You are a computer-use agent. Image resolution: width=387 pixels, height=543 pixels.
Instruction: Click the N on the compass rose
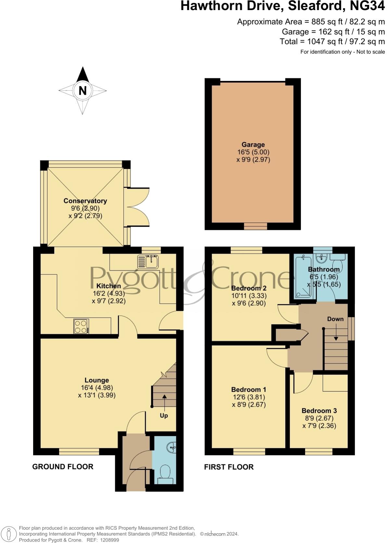pos(82,90)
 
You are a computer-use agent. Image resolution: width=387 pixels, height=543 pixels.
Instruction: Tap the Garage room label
pos(253,145)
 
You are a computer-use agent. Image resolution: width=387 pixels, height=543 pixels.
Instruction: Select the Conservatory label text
pos(85,201)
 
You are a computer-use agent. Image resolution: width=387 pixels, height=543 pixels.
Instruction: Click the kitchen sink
pos(148,262)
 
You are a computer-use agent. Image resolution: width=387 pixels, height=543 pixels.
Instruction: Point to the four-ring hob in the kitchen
pos(81,326)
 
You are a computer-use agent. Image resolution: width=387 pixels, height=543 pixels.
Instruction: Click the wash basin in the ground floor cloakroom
pos(172,448)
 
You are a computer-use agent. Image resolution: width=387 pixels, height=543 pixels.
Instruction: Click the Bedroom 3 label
pos(317,410)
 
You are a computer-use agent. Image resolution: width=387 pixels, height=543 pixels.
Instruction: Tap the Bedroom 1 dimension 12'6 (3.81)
pos(249,397)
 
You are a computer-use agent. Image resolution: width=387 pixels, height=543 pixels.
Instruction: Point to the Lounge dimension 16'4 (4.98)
pos(97,388)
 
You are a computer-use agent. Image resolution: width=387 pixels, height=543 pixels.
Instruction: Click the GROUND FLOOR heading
pos(63,467)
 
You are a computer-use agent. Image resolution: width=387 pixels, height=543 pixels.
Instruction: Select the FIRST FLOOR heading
pos(229,467)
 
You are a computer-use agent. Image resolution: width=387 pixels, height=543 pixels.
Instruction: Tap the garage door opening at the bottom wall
pos(256,226)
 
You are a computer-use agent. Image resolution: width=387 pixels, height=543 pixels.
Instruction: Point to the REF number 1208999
pos(110,540)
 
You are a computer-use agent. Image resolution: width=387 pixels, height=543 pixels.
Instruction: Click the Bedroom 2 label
pos(249,288)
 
